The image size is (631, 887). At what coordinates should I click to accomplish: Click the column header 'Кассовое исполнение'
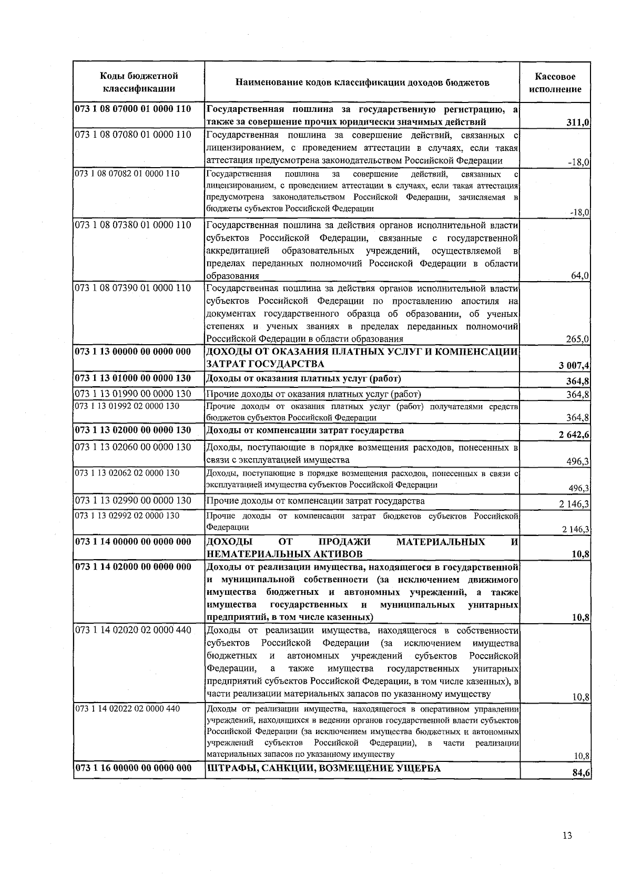[x=555, y=83]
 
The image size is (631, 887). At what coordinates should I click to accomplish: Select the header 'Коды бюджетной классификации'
[x=139, y=83]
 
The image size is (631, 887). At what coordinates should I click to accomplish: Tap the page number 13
[x=567, y=836]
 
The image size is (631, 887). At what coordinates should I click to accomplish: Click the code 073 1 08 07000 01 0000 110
[x=133, y=110]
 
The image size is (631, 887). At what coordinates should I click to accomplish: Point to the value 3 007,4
[x=574, y=365]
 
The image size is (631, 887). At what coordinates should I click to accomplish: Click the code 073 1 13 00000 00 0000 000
[x=133, y=352]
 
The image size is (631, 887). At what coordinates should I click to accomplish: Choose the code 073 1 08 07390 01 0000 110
[x=133, y=288]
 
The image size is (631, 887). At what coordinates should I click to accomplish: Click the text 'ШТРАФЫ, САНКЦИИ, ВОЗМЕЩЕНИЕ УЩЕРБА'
[x=323, y=768]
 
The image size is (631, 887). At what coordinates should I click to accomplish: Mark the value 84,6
[x=581, y=773]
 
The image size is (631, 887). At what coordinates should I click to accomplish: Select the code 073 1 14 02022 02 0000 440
[x=127, y=709]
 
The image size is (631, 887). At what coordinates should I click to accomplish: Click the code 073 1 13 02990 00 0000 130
[x=133, y=501]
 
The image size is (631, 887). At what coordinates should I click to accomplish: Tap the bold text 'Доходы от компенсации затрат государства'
[x=306, y=430]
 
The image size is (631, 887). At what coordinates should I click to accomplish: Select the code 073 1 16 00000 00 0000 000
[x=133, y=768]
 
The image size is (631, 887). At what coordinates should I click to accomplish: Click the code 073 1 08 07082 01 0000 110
[x=127, y=174]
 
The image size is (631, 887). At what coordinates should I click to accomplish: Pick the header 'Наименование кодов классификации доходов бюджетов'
[x=362, y=83]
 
